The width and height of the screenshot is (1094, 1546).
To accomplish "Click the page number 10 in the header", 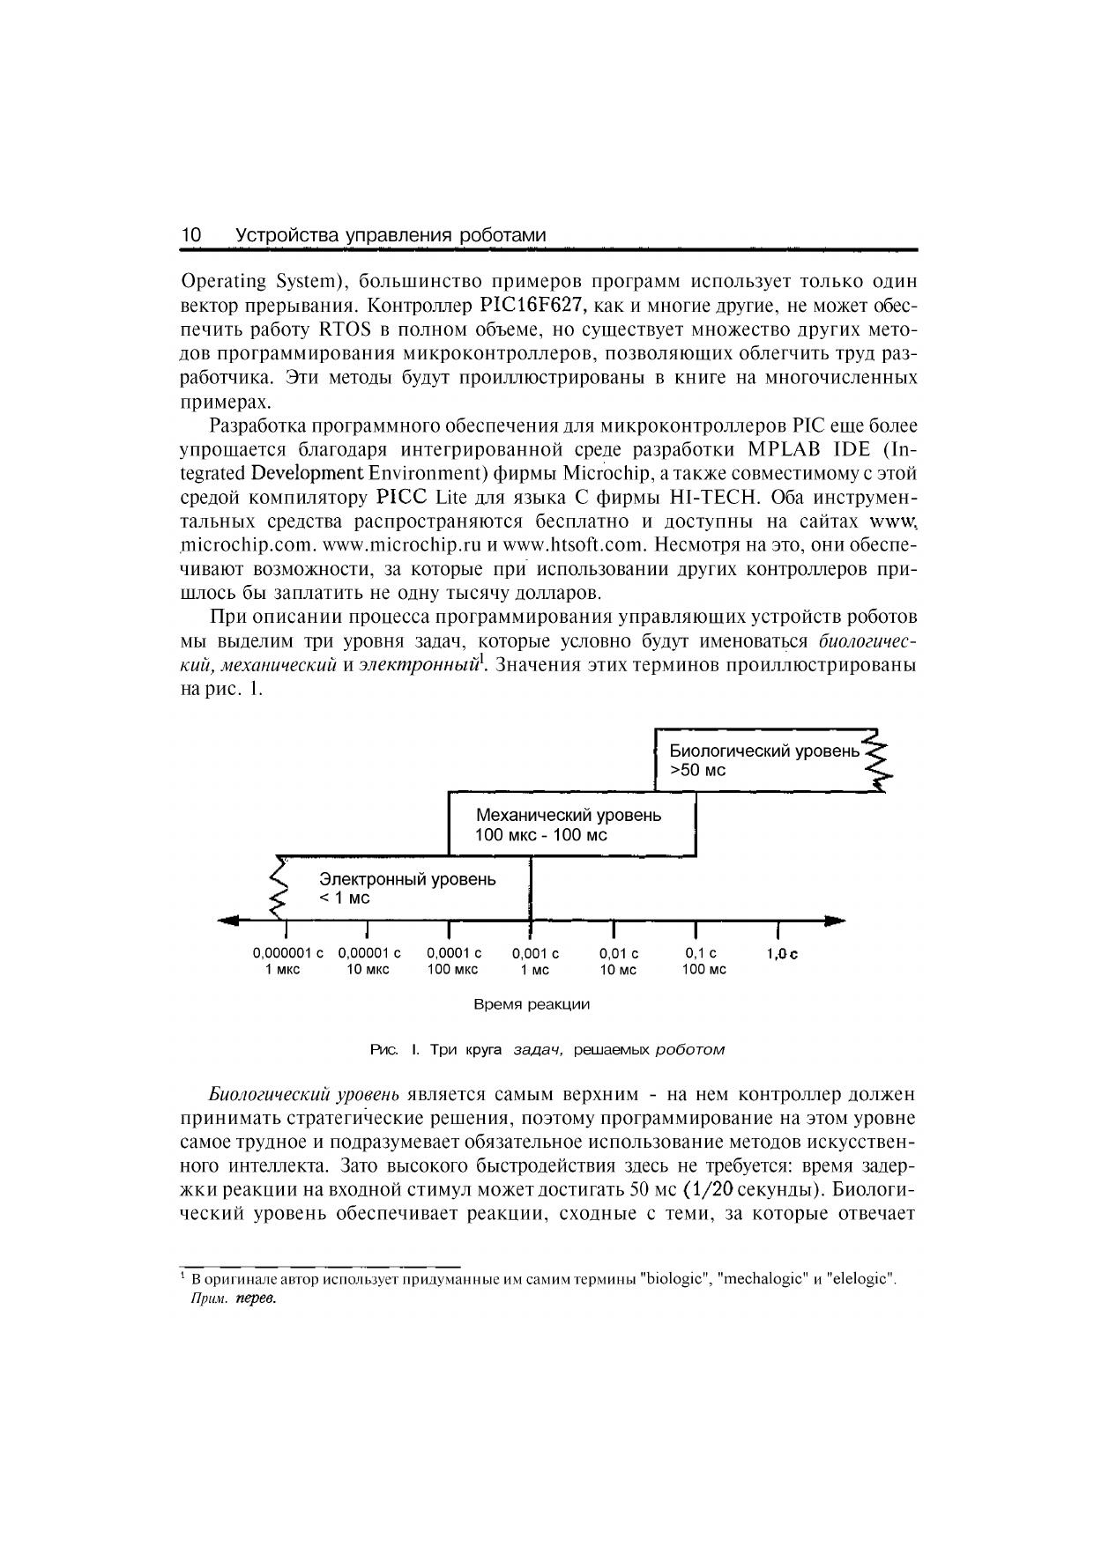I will coord(191,235).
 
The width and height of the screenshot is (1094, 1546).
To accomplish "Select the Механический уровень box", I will coord(571,824).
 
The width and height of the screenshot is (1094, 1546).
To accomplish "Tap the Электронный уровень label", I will coord(406,879).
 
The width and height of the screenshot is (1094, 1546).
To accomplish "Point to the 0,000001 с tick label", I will coord(287,953).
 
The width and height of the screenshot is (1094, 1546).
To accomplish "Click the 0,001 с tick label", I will coord(535,953).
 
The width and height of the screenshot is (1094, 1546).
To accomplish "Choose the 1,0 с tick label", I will coord(781,954).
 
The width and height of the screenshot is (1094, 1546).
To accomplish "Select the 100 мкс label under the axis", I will coord(452,970).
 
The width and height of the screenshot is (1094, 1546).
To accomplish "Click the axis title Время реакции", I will coord(532,1004).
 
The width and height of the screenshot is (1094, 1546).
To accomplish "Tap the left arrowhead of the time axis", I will coord(228,921).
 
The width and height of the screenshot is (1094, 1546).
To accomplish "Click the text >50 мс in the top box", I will coord(697,770).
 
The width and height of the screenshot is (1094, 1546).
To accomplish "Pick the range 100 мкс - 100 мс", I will coord(540,835).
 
